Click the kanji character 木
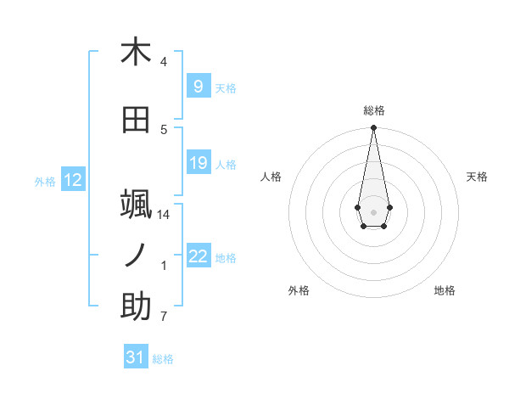(136, 52)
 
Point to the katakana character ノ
(136, 255)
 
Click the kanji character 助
(136, 306)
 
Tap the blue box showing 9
(198, 86)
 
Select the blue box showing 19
(198, 163)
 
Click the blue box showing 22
(198, 256)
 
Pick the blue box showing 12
(73, 180)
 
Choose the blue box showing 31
(136, 357)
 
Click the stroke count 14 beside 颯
(164, 215)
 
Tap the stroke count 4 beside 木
(164, 62)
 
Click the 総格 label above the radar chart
(374, 110)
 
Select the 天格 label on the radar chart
(478, 177)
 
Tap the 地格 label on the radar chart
(445, 290)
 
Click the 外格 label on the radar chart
(299, 290)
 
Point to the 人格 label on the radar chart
(271, 177)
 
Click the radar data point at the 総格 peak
(373, 128)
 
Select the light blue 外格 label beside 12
(45, 181)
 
